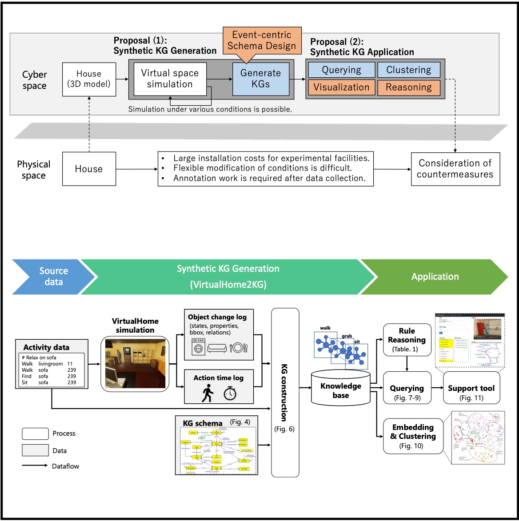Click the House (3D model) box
89,79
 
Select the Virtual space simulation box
170,79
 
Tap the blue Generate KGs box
261,79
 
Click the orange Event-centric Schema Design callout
261,40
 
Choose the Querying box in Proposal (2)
341,70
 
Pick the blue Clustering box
409,70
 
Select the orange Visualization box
341,87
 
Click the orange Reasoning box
409,87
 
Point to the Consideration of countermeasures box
455,169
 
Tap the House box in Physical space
89,169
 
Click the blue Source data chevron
53,276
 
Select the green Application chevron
435,277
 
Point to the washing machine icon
198,346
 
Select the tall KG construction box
285,392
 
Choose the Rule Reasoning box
407,340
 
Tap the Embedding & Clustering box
413,436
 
